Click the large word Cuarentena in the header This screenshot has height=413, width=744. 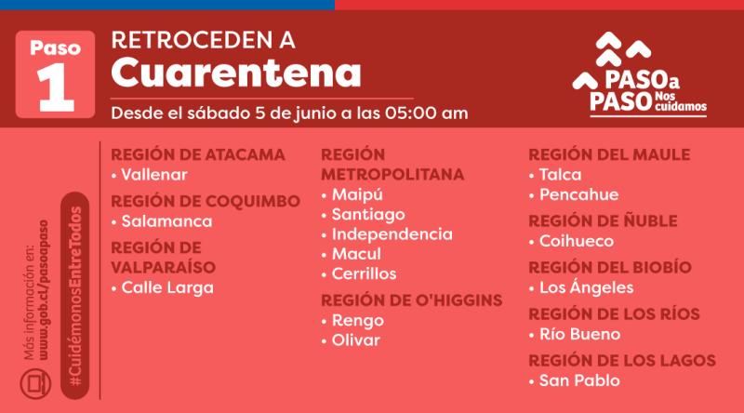point(235,72)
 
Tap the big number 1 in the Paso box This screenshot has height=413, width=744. point(55,87)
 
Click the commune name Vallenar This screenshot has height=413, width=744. point(154,175)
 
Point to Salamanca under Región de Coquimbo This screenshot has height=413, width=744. point(166,221)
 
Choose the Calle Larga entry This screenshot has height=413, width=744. point(167,287)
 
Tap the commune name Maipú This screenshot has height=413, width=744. point(357,194)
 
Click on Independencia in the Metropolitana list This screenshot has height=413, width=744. point(392,234)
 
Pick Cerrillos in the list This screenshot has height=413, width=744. point(364,273)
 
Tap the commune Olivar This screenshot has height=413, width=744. point(355,340)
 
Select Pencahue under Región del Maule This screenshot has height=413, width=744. point(578,194)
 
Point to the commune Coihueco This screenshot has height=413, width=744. point(576,241)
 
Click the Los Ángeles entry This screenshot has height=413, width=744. point(586,287)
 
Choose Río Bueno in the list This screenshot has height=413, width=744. point(579,334)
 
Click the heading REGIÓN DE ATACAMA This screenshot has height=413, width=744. point(198,154)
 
